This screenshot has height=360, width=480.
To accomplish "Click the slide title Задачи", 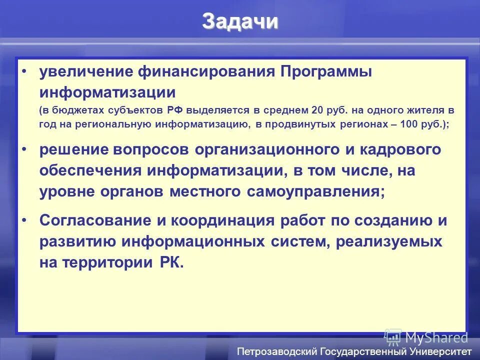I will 240,22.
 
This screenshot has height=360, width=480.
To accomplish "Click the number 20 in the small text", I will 318,110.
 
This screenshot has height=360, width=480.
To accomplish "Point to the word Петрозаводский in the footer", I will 276,351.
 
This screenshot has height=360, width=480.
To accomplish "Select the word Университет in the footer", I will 439,351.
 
